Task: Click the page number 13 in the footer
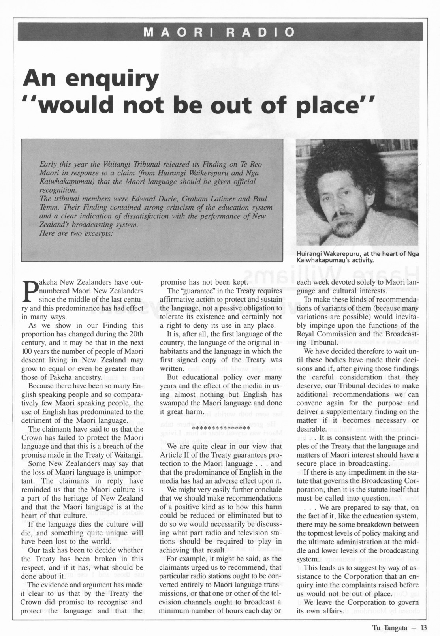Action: tap(424, 628)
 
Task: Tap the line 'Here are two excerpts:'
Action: tap(76, 233)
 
